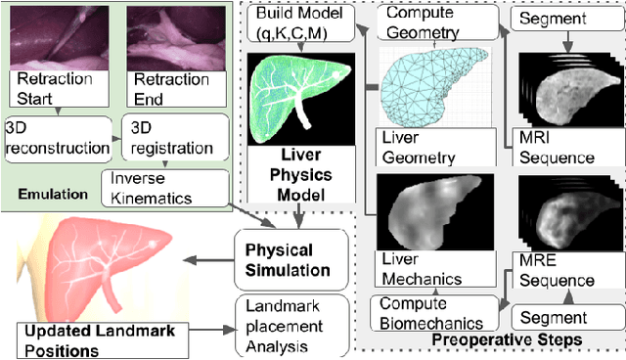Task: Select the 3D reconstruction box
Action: (x=56, y=138)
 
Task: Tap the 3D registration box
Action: (x=172, y=138)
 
